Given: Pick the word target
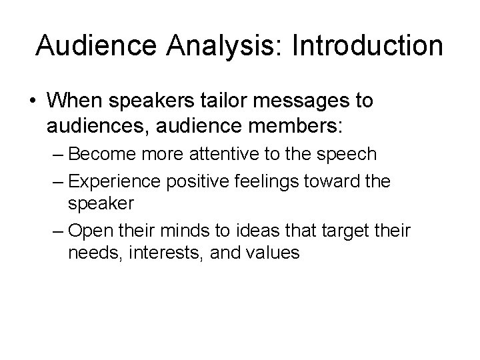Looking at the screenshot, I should click(x=340, y=231).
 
